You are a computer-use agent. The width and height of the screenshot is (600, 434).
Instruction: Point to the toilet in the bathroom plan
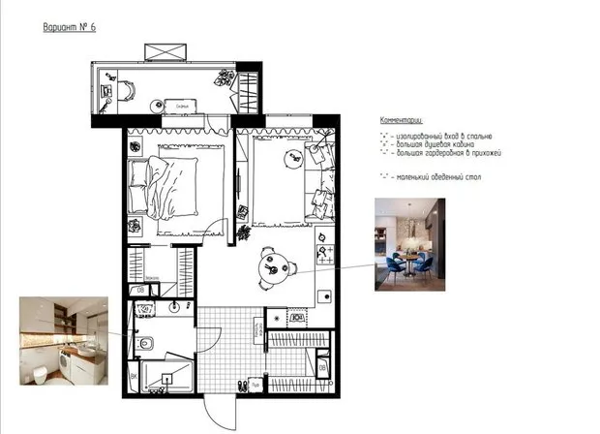click(145, 342)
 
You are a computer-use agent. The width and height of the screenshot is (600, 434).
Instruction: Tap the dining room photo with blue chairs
click(409, 245)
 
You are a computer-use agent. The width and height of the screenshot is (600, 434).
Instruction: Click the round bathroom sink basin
click(175, 307)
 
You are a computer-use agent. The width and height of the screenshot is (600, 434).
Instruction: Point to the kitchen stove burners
click(325, 255)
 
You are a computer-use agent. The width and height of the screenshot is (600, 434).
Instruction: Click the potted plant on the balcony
click(227, 76)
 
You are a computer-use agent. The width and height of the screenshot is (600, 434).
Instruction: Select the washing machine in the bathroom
click(143, 310)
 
